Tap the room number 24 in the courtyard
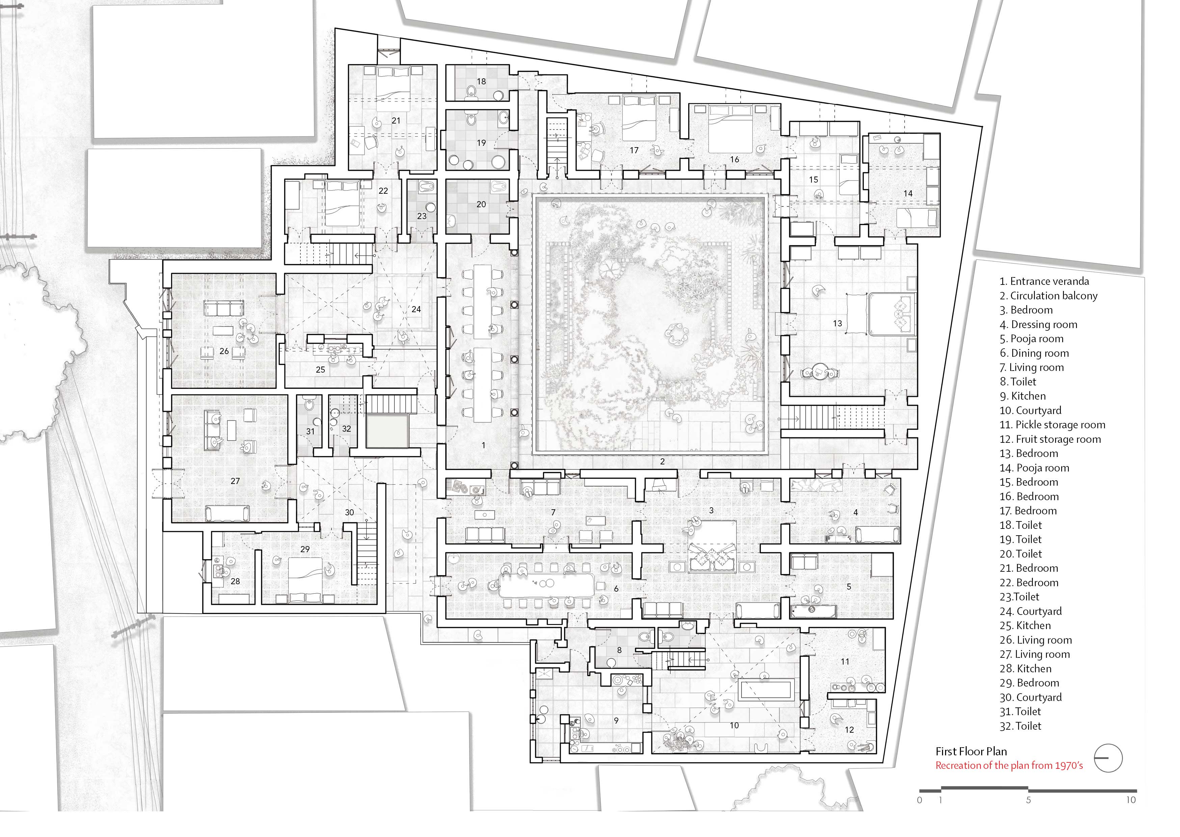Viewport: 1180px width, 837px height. tap(417, 309)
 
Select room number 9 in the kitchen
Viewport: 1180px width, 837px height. tap(616, 721)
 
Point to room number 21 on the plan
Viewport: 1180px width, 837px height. tap(396, 120)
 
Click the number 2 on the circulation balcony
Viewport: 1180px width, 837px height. tap(663, 461)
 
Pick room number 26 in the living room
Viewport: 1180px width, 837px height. tap(224, 351)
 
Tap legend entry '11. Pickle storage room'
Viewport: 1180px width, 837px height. tap(1052, 425)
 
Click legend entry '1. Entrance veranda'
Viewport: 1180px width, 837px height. tap(1044, 281)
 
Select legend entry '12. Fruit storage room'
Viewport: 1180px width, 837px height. tap(1050, 439)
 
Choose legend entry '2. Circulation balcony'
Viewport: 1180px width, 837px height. tap(1048, 296)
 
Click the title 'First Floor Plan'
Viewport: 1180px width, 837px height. tap(971, 752)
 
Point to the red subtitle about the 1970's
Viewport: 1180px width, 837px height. tap(1009, 765)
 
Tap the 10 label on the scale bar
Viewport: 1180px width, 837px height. tap(1130, 800)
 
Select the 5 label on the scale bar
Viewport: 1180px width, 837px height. tap(1028, 800)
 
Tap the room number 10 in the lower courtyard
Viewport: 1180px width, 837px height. tap(734, 725)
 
